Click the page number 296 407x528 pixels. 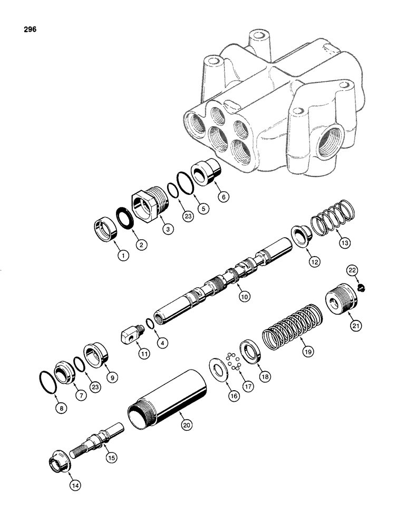pyautogui.click(x=30, y=30)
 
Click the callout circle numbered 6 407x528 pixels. pyautogui.click(x=223, y=197)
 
